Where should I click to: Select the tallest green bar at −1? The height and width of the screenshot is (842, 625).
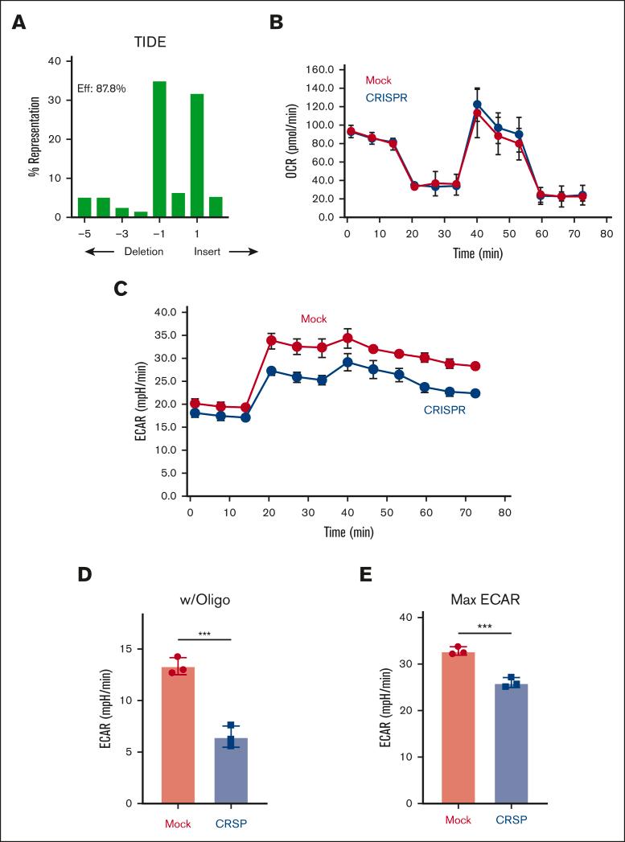pos(159,150)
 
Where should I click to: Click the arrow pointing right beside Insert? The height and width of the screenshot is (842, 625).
pos(241,252)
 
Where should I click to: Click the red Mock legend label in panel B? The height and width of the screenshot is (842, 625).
pos(378,80)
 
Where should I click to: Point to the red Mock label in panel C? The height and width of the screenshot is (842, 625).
pos(314,319)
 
